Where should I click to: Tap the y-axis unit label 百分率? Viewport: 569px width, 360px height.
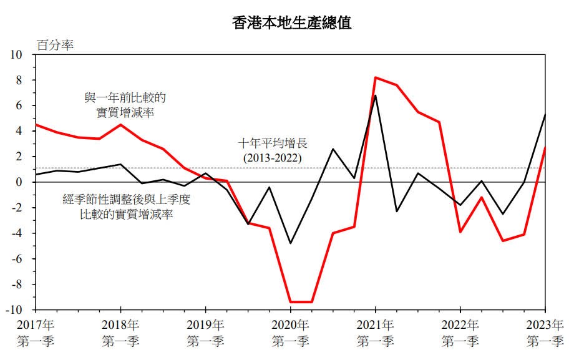pos(54,45)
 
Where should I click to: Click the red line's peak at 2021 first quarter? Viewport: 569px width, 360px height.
pos(375,77)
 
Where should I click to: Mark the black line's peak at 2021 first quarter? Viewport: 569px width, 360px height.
pos(375,95)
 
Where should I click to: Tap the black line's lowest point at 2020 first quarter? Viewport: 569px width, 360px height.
pos(290,243)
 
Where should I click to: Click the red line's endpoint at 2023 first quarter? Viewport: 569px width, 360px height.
pos(545,148)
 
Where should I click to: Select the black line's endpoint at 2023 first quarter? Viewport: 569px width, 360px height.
pos(545,115)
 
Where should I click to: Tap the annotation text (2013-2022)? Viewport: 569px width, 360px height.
pos(272,158)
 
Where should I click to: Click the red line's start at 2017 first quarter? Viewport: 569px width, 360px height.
pos(36,125)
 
